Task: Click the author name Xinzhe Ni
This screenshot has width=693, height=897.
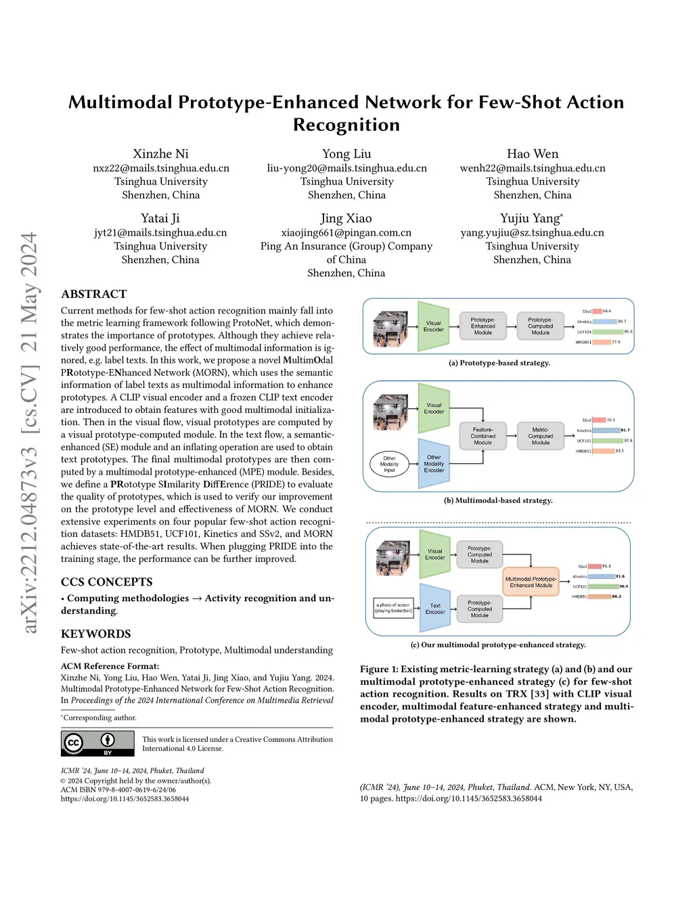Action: click(x=160, y=154)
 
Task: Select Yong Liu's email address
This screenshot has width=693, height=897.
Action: click(x=346, y=168)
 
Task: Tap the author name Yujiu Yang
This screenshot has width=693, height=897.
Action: click(x=531, y=218)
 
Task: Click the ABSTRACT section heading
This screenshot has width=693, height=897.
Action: click(x=94, y=294)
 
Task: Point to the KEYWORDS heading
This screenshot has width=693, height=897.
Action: click(x=96, y=634)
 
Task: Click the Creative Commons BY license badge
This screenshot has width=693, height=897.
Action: click(x=97, y=743)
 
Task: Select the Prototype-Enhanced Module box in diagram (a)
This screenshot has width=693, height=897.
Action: click(x=483, y=326)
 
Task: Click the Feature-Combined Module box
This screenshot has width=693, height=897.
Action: click(x=483, y=436)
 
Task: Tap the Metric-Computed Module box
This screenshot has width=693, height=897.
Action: click(x=540, y=436)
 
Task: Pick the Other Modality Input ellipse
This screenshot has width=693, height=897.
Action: click(x=389, y=464)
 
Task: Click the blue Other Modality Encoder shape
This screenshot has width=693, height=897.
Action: click(x=434, y=464)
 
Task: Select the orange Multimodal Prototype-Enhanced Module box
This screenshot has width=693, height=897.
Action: click(x=531, y=582)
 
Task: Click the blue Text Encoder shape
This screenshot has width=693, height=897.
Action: click(x=435, y=609)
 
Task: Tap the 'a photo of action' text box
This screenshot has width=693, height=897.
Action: click(x=393, y=607)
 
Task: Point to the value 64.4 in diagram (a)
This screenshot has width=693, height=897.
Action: click(x=607, y=311)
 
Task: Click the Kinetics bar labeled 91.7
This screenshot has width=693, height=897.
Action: click(x=606, y=430)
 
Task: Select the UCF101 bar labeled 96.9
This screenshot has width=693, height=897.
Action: click(x=604, y=586)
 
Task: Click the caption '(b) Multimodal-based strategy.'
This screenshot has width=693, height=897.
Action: click(x=498, y=500)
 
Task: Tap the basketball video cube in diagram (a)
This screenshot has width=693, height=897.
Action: click(x=390, y=329)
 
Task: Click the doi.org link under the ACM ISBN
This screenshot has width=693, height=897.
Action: click(x=125, y=799)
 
